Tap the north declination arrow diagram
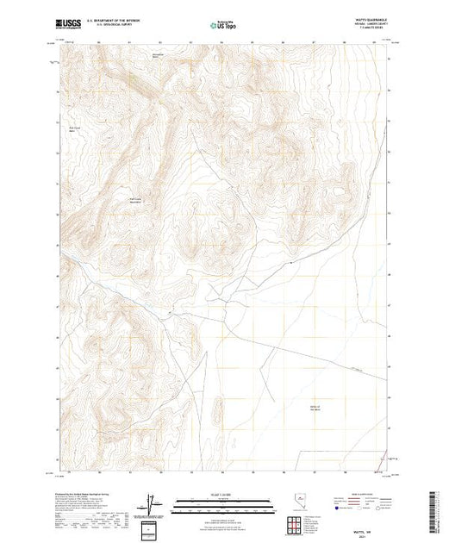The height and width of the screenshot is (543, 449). click(152, 501)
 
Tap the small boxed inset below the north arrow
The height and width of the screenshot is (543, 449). click(152, 528)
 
